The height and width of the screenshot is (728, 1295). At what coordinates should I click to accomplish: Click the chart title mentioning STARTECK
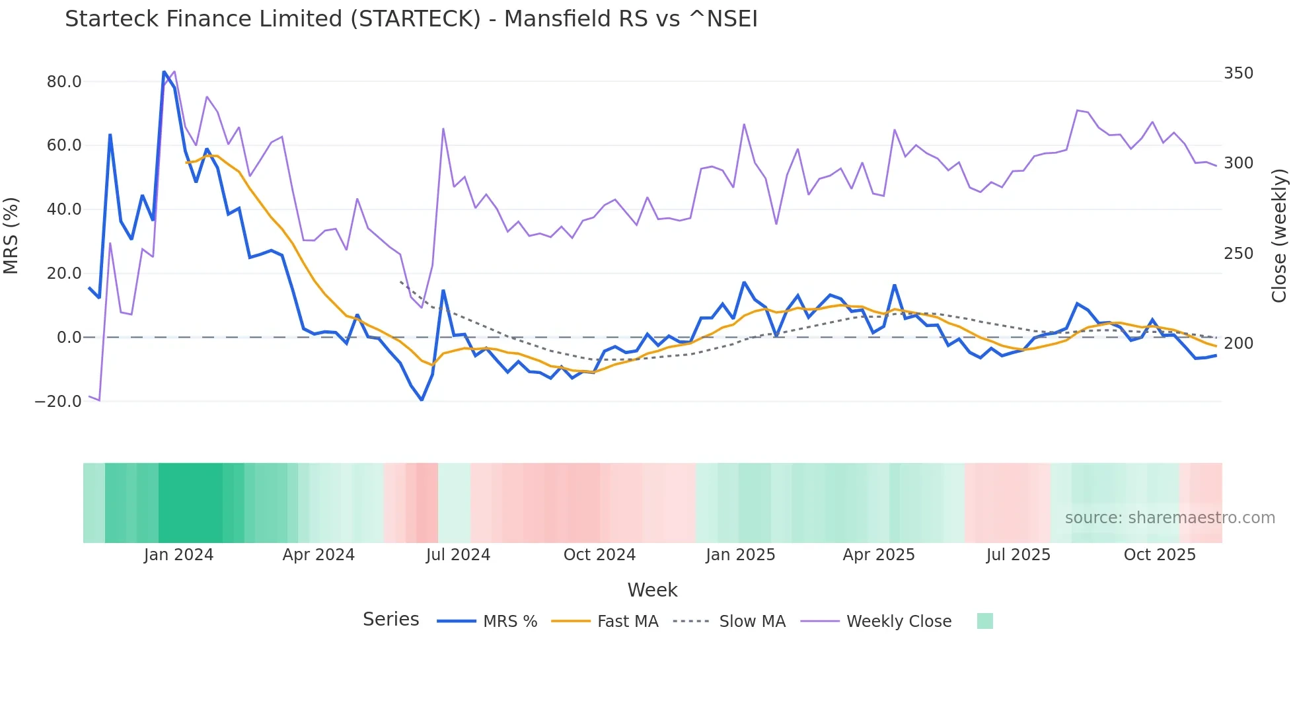(x=411, y=19)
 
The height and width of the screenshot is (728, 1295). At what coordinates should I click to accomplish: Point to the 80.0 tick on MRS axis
(x=64, y=82)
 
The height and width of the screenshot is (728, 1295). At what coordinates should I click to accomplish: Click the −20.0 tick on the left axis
(x=58, y=402)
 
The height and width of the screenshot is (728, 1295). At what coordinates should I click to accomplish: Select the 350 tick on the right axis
(x=1238, y=73)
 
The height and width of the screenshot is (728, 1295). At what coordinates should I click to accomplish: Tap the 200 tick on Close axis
(x=1238, y=344)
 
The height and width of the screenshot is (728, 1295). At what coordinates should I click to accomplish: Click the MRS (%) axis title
(x=11, y=236)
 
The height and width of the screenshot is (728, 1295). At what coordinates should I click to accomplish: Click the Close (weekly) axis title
(x=1279, y=236)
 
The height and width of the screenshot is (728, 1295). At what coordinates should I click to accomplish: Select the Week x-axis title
(x=652, y=590)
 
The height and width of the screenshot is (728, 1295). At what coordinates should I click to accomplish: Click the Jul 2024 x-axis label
(x=458, y=555)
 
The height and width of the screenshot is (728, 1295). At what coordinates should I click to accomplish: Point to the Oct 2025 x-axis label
(x=1160, y=555)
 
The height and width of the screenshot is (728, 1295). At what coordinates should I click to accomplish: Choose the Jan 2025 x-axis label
(x=740, y=555)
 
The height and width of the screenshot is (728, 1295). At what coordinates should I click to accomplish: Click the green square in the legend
(x=984, y=621)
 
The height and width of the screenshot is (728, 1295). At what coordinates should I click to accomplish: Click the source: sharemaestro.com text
(x=1169, y=518)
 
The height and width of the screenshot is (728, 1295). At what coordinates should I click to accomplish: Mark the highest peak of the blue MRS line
(x=164, y=71)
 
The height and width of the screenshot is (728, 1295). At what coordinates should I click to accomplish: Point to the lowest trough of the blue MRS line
(x=422, y=400)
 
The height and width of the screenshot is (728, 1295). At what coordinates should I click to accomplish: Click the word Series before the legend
(x=390, y=620)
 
